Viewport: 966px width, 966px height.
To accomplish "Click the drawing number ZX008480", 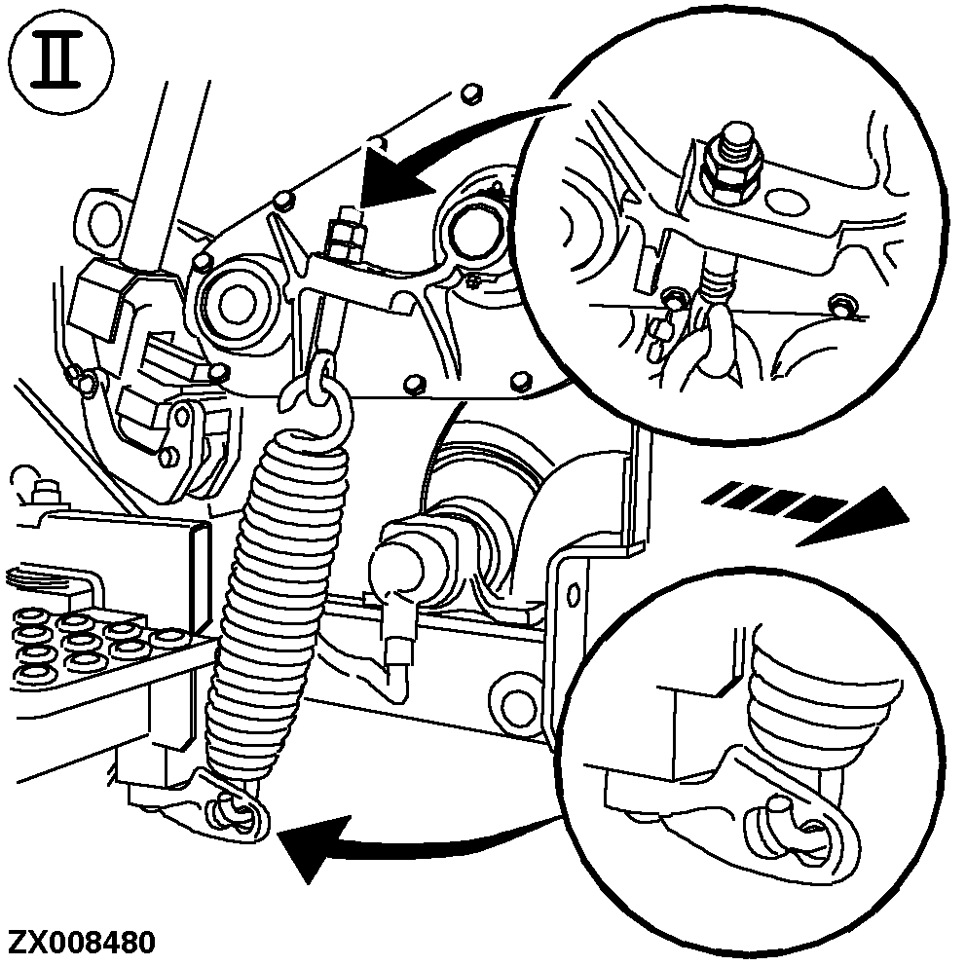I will (82, 943).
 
